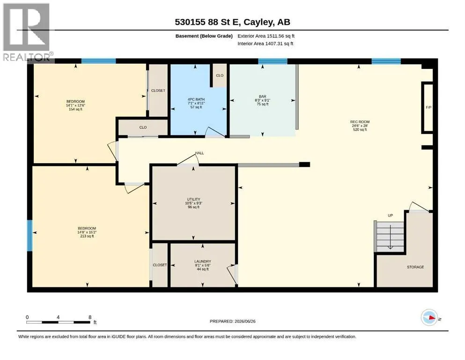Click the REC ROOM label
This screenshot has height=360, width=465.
[360, 122]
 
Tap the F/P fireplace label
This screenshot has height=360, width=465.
[428, 107]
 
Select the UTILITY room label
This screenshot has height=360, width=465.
[194, 199]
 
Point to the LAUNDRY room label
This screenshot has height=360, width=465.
[203, 262]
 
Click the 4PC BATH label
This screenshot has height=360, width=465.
[196, 99]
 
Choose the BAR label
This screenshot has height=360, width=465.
[262, 97]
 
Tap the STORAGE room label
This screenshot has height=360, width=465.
[415, 267]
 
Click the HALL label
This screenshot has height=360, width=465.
[199, 153]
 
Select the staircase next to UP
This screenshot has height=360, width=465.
[390, 237]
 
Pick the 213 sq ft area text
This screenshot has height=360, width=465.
[87, 236]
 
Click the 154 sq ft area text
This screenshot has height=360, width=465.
[75, 109]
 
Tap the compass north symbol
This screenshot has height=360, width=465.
[429, 317]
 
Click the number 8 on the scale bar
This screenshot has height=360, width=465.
[90, 317]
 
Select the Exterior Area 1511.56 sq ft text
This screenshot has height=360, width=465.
[266, 36]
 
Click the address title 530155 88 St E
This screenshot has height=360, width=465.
[207, 22]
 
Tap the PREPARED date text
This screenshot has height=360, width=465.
[232, 321]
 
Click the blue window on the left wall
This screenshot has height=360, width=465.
[30, 235]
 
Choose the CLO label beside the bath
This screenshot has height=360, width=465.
[220, 75]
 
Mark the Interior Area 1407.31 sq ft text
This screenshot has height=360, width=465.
[266, 44]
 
